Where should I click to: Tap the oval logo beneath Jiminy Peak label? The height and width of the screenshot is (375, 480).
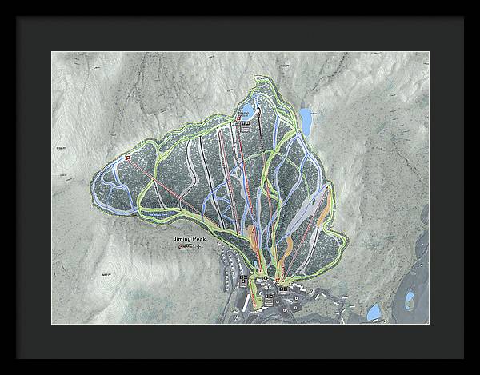(x=185, y=247)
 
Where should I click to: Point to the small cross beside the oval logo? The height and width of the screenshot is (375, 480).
(x=198, y=247)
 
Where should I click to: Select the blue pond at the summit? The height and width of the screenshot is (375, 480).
(x=249, y=110)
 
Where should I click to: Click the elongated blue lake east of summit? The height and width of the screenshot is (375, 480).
(x=305, y=119)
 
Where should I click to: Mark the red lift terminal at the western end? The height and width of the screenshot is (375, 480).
(x=126, y=158)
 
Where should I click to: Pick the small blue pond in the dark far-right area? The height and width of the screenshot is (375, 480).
(x=409, y=299)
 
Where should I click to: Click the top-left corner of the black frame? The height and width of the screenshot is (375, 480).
(x=18, y=18)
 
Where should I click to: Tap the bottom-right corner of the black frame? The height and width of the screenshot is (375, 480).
(x=462, y=357)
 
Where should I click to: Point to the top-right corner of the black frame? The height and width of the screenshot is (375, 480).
(x=462, y=18)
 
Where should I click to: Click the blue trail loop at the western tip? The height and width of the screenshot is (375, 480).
(x=112, y=192)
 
